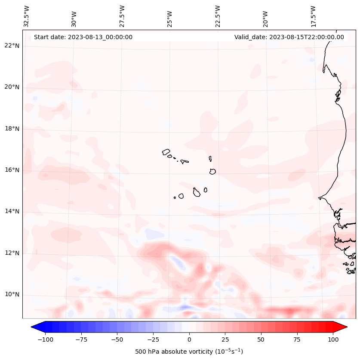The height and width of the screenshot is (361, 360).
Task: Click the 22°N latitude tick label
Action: pyautogui.click(x=12, y=46)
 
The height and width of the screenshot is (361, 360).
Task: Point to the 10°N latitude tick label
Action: pyautogui.click(x=12, y=295)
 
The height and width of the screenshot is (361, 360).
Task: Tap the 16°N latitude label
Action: pyautogui.click(x=12, y=170)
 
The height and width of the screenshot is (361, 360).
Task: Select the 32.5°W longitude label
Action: pyautogui.click(x=27, y=16)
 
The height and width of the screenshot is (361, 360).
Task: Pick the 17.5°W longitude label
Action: pyautogui.click(x=313, y=16)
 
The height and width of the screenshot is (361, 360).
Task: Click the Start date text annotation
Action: pyautogui.click(x=83, y=37)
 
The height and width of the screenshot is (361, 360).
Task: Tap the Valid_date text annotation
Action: pyautogui.click(x=289, y=37)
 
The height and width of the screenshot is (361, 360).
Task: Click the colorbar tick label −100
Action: pyautogui.click(x=44, y=339)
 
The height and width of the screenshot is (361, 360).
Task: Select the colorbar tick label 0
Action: pyautogui.click(x=189, y=339)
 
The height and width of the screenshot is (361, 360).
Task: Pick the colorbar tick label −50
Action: pyautogui.click(x=117, y=339)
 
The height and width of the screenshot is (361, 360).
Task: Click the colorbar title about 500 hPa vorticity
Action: pyautogui.click(x=189, y=352)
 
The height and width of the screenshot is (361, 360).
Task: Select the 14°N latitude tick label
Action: pyautogui.click(x=12, y=211)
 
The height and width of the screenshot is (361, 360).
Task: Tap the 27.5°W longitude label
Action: pyautogui.click(x=122, y=16)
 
